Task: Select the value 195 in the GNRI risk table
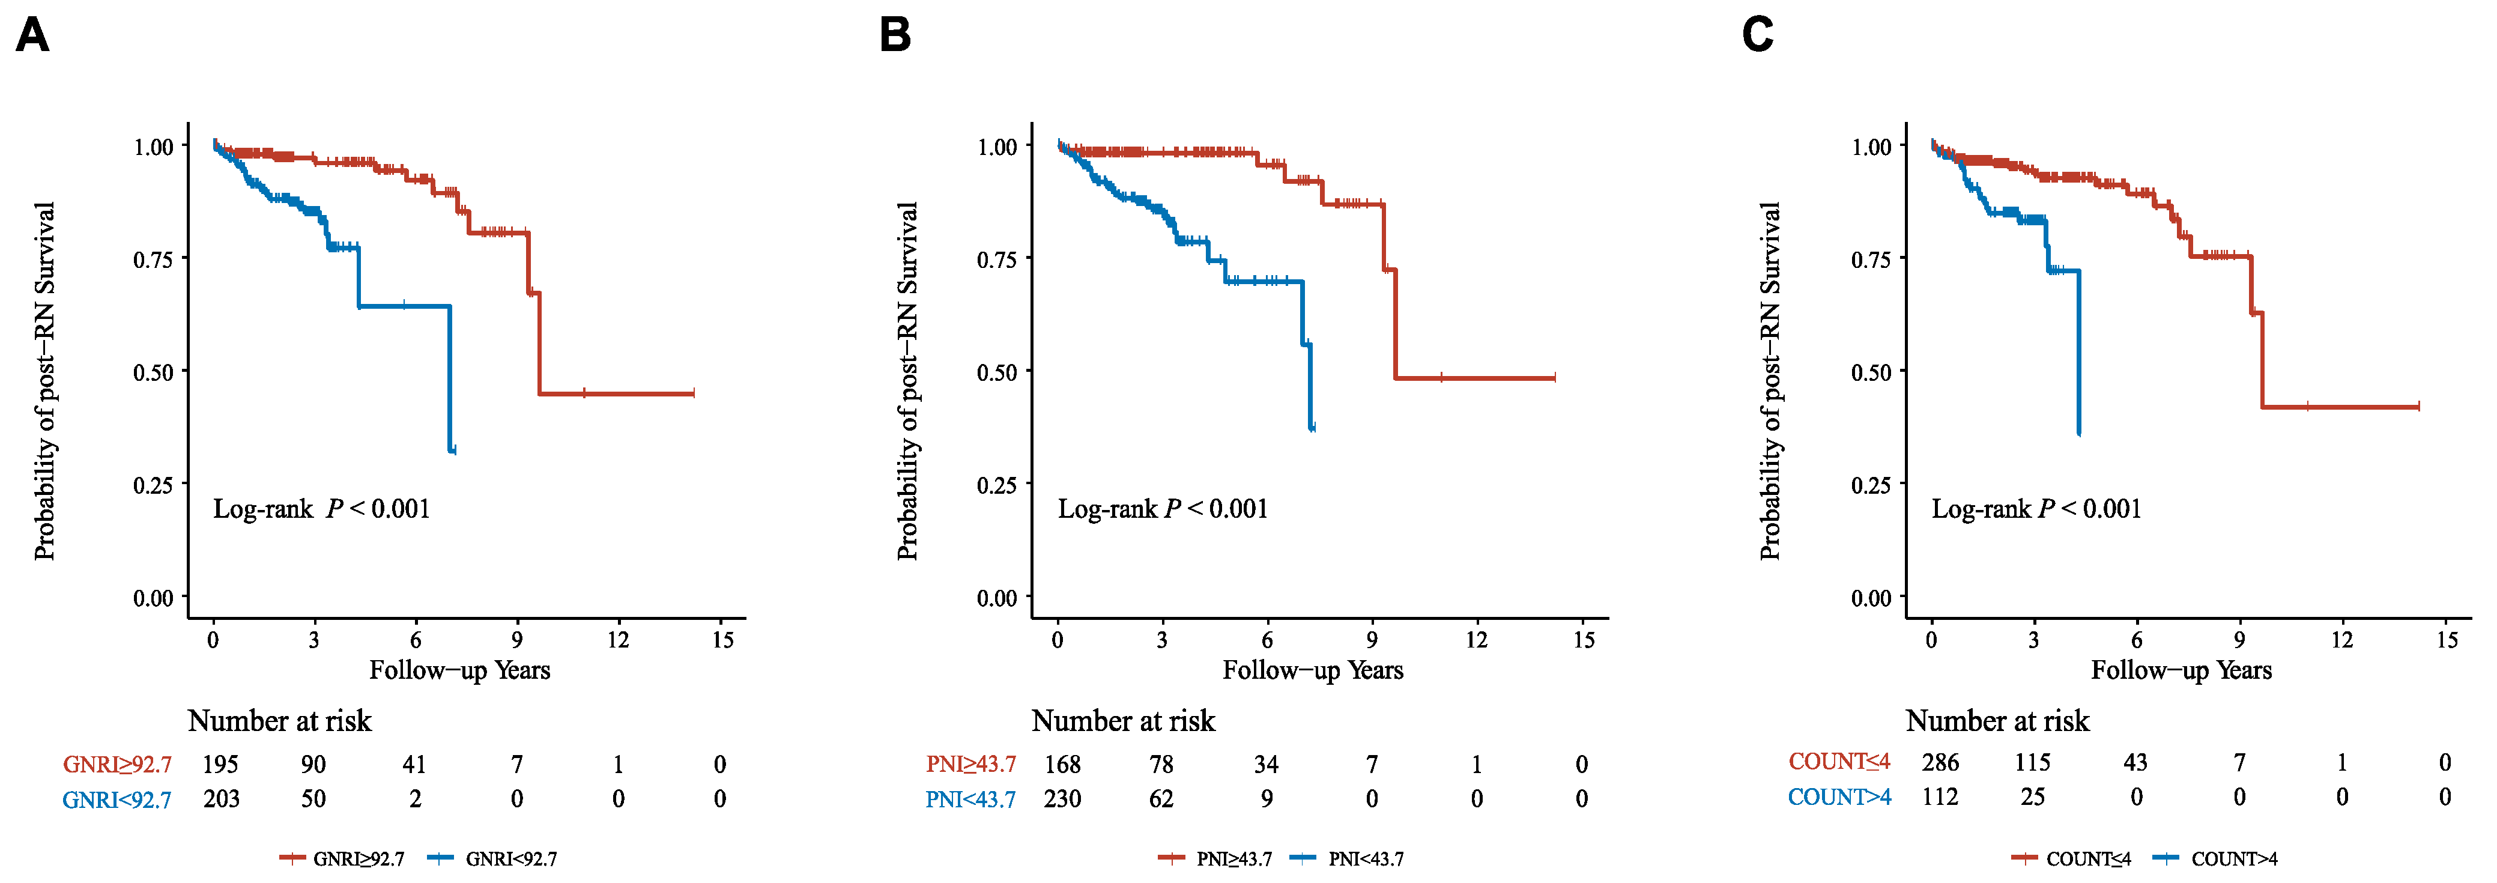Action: coord(220,765)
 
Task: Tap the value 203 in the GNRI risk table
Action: coord(221,800)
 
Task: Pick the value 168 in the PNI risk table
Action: coord(1062,765)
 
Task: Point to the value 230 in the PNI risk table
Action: coord(1062,800)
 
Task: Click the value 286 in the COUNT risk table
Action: coord(1940,763)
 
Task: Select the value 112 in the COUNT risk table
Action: coord(1940,797)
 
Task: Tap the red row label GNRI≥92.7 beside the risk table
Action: coord(117,765)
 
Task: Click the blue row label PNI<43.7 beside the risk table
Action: coord(970,800)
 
